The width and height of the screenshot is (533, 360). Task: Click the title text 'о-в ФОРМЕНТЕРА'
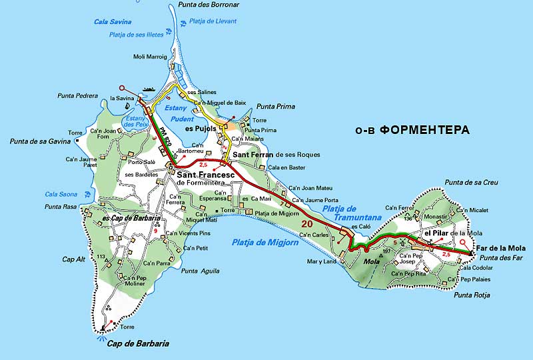pos(412,130)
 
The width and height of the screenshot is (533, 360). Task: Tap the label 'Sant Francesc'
pos(203,175)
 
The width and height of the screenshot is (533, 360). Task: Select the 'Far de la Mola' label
pos(498,248)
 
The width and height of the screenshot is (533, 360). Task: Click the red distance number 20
pos(307,223)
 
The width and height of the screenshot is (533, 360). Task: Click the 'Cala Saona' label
pos(61,194)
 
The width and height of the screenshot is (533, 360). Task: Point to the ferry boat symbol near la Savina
pos(148,89)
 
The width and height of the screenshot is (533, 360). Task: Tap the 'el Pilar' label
pos(436,232)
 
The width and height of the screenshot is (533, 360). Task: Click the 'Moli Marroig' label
pos(150,57)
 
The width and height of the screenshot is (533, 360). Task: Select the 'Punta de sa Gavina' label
pos(40,141)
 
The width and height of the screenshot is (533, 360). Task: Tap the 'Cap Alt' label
pos(73,259)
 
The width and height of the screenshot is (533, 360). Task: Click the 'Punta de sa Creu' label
pos(471,182)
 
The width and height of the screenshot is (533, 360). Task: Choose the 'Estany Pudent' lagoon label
pos(179,113)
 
